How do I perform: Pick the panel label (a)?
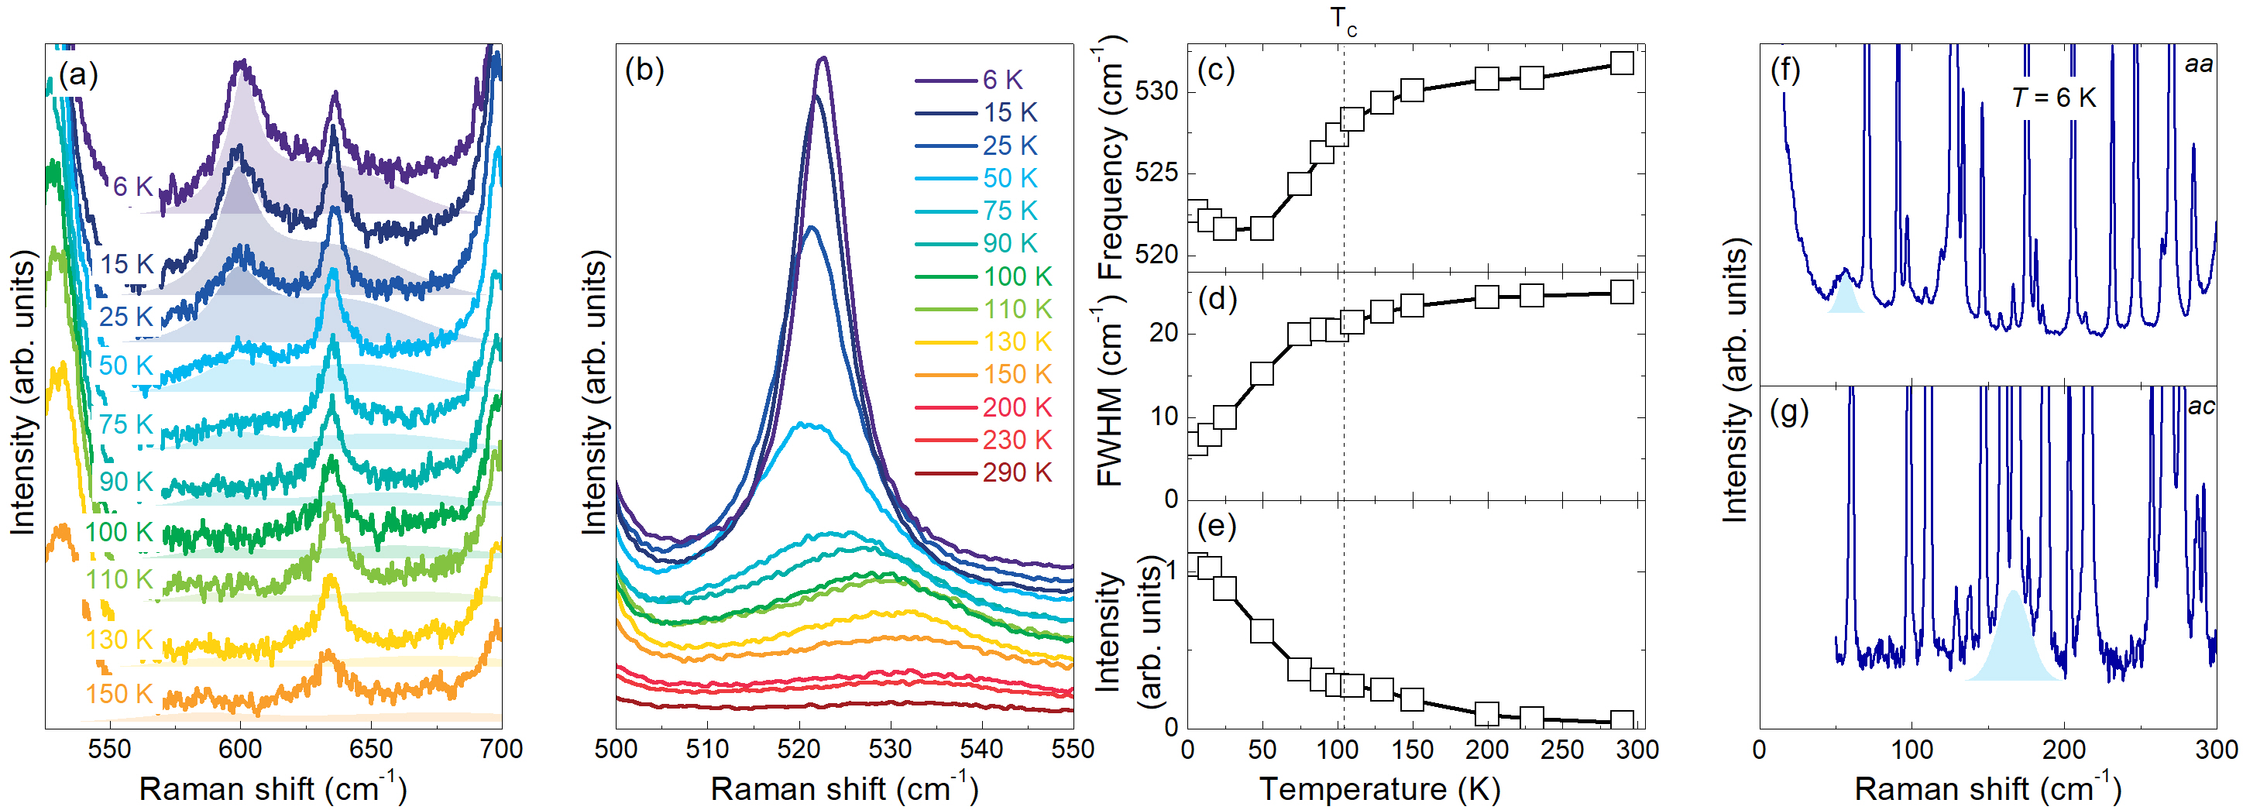pyautogui.click(x=78, y=75)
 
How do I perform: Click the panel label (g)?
pyautogui.click(x=1789, y=411)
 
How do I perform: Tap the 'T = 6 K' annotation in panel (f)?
pyautogui.click(x=2053, y=98)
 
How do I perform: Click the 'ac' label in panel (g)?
pyautogui.click(x=2200, y=406)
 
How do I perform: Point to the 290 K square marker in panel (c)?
pyautogui.click(x=1621, y=63)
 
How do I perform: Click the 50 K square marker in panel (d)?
pyautogui.click(x=1262, y=374)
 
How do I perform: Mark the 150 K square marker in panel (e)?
pyautogui.click(x=1412, y=699)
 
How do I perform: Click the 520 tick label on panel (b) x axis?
pyautogui.click(x=799, y=749)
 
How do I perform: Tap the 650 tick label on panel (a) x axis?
pyautogui.click(x=371, y=749)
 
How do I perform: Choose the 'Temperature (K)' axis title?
pyautogui.click(x=1379, y=789)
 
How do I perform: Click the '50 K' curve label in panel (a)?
pyautogui.click(x=125, y=365)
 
